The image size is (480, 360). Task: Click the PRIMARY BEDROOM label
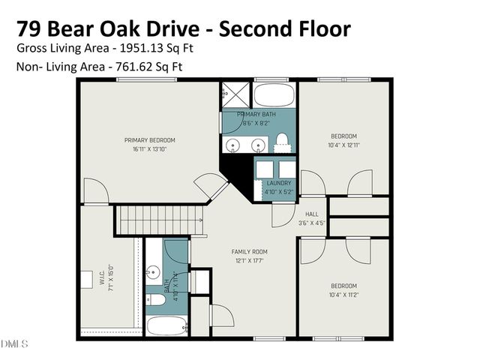pos(150,140)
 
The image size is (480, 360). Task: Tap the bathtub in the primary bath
pos(274,95)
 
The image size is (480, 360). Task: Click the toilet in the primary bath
pos(282,140)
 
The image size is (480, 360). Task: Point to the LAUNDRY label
pos(278,183)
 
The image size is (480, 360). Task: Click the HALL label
pos(311,214)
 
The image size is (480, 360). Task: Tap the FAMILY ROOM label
pos(250,251)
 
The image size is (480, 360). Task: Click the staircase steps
pos(162,220)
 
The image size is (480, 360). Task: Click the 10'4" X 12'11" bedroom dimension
pos(344,145)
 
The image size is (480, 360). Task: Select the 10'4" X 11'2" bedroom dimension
pos(343,294)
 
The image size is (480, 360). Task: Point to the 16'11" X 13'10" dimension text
pos(150,149)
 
